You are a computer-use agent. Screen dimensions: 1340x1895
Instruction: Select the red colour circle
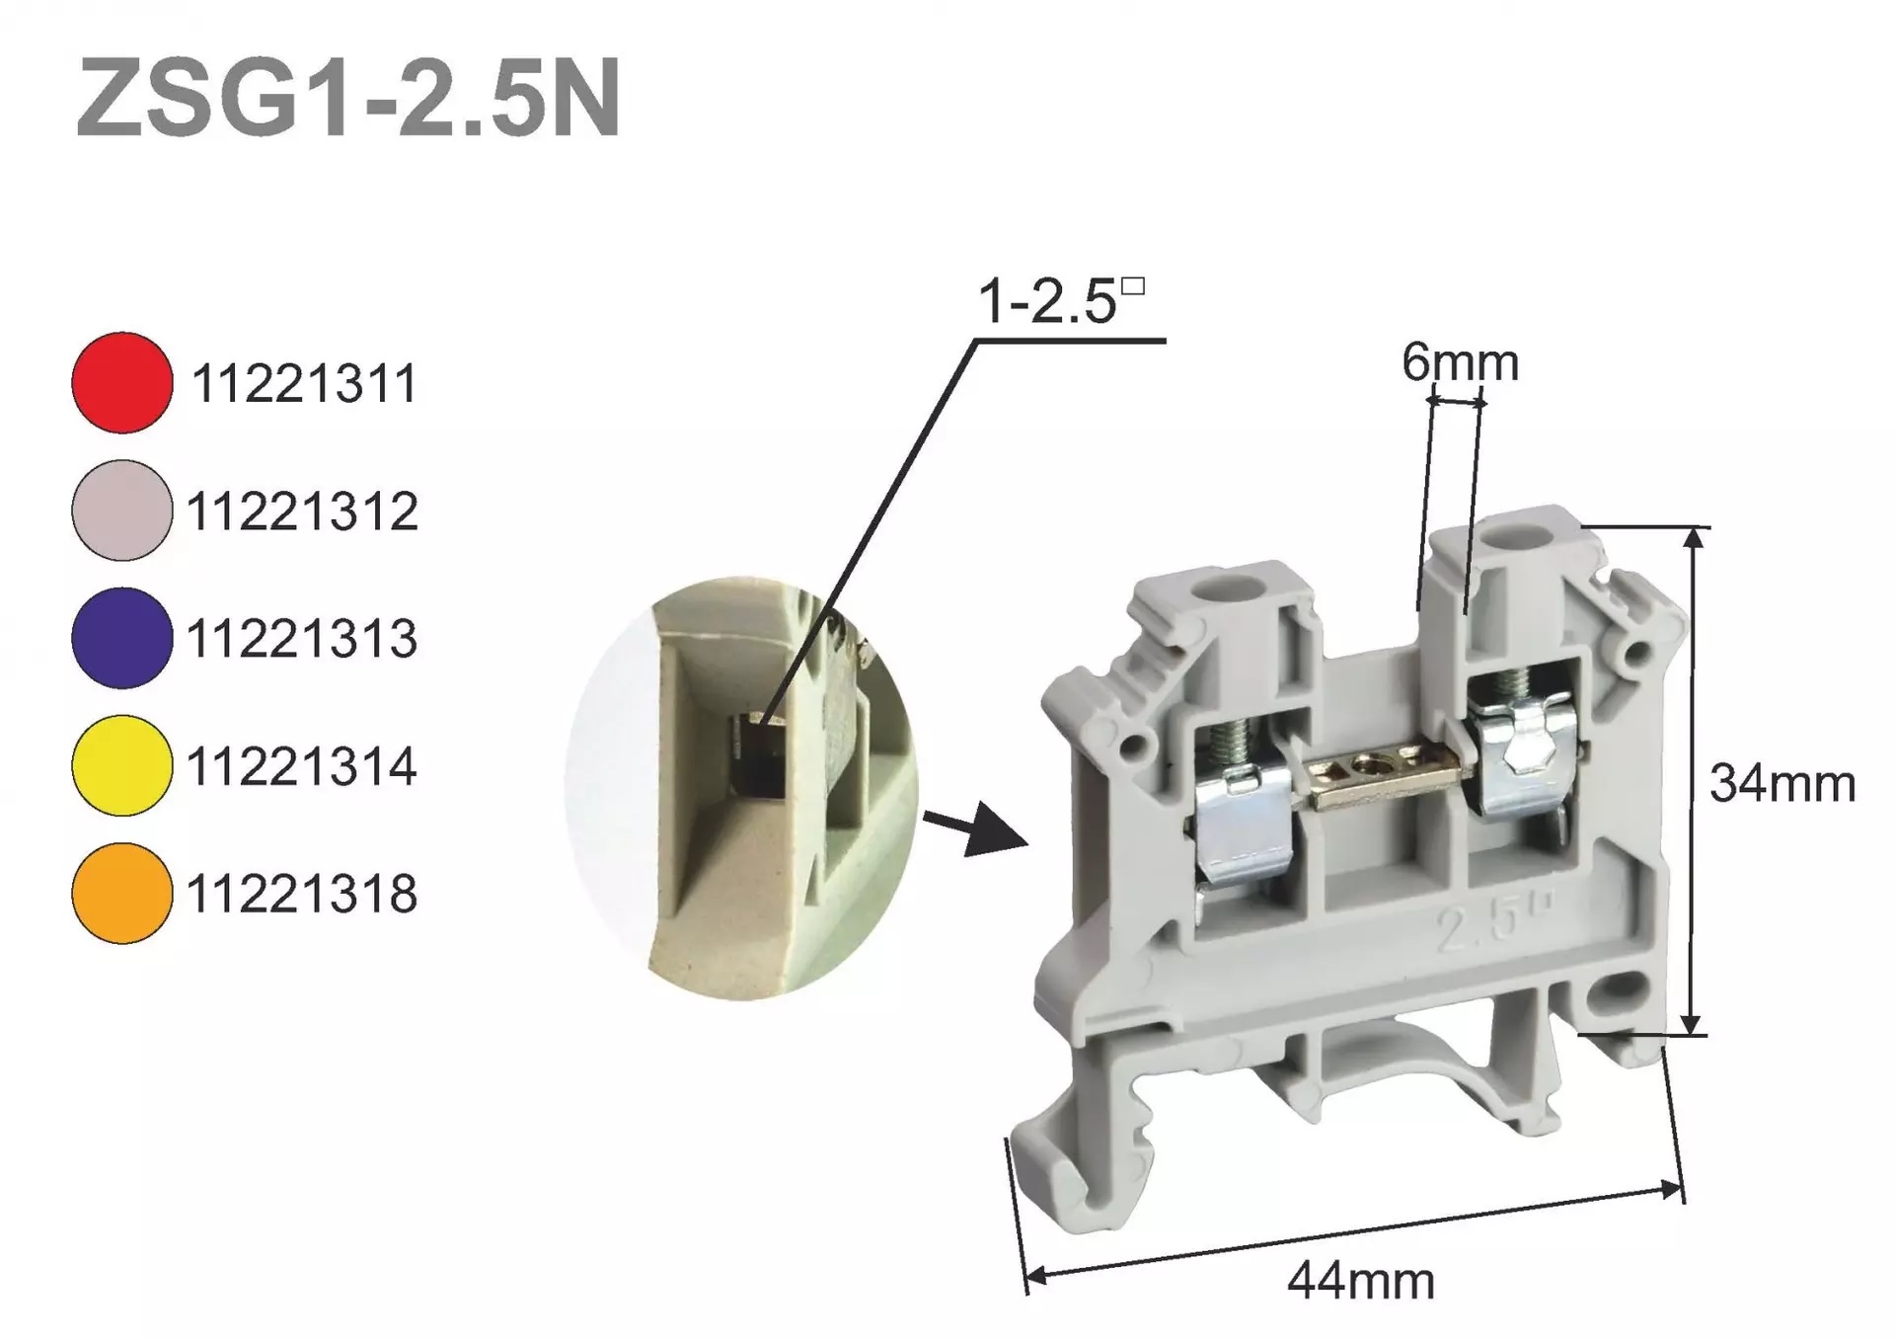122,382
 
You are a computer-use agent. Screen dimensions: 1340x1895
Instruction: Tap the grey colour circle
122,511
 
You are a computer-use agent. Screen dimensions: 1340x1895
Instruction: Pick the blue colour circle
122,638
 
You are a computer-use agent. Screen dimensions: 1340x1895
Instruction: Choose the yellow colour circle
122,765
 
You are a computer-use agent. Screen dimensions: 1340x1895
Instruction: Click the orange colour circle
122,894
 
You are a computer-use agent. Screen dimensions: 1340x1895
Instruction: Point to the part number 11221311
304,384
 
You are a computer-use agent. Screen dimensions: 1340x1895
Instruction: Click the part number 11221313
302,639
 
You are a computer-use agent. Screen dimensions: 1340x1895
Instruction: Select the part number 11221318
302,895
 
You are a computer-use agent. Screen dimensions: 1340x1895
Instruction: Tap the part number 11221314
302,767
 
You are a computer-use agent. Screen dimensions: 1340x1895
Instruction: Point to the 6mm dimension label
1459,363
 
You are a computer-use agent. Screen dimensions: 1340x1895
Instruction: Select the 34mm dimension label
1781,785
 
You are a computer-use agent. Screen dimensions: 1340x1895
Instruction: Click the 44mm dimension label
1360,1282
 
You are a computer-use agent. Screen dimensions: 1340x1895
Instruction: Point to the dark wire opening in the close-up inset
760,760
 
